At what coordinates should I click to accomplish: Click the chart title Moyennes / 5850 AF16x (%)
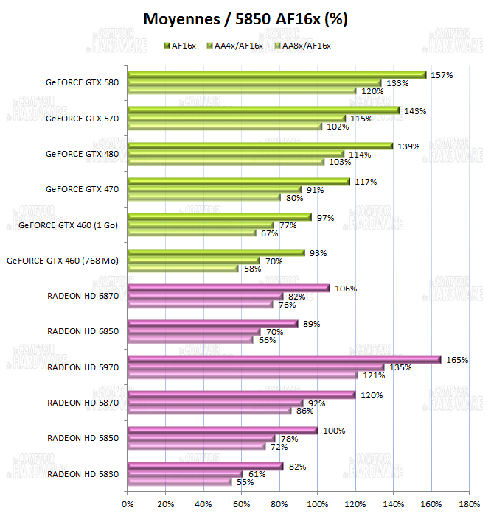[x=245, y=18]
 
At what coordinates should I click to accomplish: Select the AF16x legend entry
[x=183, y=46]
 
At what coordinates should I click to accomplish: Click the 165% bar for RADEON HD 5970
[x=284, y=359]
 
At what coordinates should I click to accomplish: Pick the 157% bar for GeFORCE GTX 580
[x=276, y=75]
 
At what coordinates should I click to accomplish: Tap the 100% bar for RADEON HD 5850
[x=222, y=431]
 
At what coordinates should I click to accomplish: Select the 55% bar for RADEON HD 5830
[x=179, y=482]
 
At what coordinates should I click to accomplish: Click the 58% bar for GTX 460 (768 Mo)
[x=182, y=269]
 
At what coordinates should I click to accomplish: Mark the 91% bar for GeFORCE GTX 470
[x=214, y=190]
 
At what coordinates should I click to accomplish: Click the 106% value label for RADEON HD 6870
[x=345, y=289]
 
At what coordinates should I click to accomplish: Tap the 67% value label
[x=269, y=233]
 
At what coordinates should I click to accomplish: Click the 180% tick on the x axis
[x=469, y=504]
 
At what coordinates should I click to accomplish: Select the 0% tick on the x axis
[x=128, y=504]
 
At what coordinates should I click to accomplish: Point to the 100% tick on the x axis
[x=317, y=504]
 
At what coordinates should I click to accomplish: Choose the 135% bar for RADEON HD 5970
[x=255, y=367]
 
